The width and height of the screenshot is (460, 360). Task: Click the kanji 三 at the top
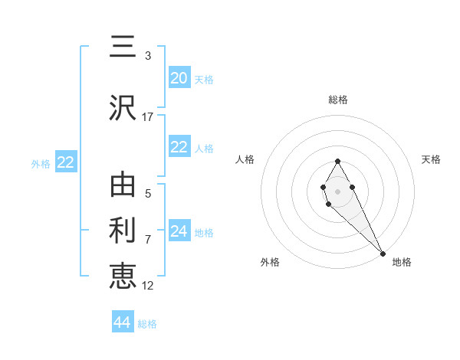(x=123, y=47)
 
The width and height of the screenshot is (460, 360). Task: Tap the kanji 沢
(x=123, y=108)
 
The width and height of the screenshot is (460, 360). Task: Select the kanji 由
(x=123, y=186)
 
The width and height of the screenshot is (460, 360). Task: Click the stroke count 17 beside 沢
(x=148, y=117)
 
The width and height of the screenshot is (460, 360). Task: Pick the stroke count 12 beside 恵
(x=148, y=285)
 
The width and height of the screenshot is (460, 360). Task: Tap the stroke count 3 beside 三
(x=148, y=56)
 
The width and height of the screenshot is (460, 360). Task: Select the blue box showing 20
(x=179, y=78)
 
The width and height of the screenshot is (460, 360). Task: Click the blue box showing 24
(x=179, y=231)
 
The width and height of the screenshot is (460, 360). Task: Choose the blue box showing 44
(x=123, y=322)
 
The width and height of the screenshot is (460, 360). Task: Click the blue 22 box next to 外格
(x=65, y=162)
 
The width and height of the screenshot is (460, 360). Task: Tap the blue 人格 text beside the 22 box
(x=204, y=149)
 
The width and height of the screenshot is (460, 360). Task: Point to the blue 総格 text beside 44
(x=147, y=324)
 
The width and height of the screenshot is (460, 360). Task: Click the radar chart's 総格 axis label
(x=337, y=100)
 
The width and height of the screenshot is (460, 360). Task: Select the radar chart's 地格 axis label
(x=402, y=262)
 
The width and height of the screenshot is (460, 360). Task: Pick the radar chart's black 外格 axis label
(x=270, y=262)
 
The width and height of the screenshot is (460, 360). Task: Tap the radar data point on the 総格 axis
(x=337, y=161)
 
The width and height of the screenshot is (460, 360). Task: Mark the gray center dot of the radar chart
(x=337, y=190)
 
